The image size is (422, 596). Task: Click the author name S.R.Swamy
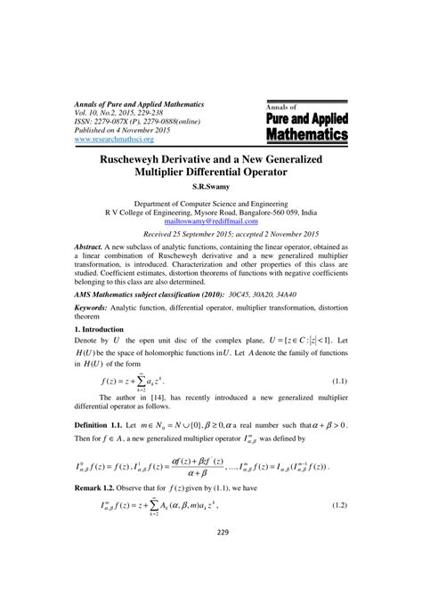210,188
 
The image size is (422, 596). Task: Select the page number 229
210,557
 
